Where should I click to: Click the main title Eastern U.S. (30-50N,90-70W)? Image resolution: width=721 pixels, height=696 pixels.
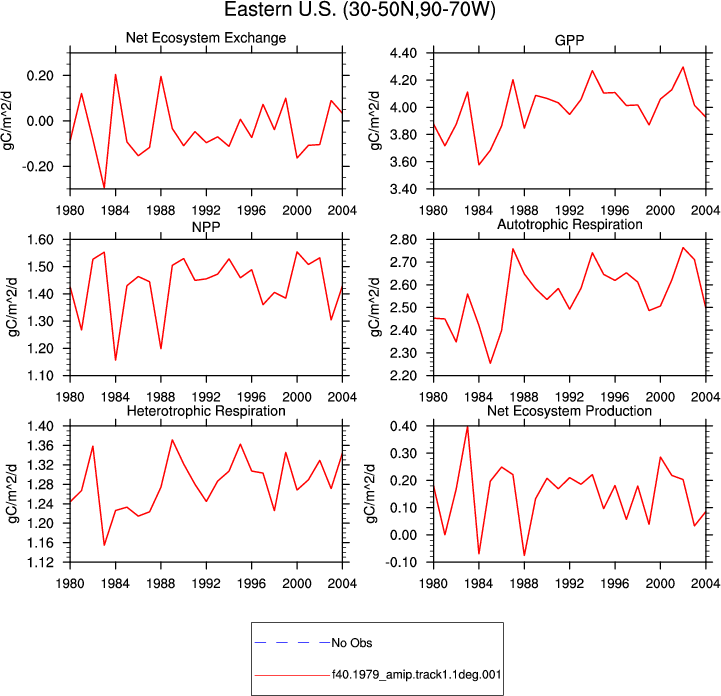coord(360,10)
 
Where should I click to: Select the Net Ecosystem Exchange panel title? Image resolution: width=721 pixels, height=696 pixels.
coord(206,38)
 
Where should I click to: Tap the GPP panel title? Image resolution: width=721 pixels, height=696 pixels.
coord(569,40)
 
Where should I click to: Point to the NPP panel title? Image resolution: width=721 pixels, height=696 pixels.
coord(206,227)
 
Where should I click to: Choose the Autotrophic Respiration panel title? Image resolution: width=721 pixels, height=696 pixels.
coord(570,224)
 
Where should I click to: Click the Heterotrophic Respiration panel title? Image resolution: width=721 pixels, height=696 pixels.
coord(206,411)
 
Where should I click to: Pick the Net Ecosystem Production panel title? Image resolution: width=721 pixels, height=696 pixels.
coord(569,411)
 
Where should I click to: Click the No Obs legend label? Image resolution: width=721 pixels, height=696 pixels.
coord(352,643)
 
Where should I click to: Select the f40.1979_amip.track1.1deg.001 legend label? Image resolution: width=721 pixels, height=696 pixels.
coord(417,675)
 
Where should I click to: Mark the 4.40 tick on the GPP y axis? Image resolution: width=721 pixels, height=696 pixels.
coord(403,53)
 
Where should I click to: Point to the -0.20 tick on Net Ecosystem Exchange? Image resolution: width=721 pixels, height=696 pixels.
coord(38,166)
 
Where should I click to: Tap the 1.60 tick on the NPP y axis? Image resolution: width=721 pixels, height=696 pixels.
coord(40,240)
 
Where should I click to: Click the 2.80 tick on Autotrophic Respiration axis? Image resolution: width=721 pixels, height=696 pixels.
coord(403,240)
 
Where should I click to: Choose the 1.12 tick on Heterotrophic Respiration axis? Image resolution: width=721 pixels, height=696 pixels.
coord(40,562)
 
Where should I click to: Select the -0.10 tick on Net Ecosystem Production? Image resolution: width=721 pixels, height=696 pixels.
coord(401,562)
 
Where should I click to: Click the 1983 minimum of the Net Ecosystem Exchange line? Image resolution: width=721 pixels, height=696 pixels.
coord(104,188)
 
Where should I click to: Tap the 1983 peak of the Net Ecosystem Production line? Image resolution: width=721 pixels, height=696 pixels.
coord(468,427)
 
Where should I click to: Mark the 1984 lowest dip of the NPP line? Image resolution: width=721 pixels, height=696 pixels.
coord(115,360)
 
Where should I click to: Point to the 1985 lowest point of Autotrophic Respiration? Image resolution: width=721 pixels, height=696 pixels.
coord(490,363)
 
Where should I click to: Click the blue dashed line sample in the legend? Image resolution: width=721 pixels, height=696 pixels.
coord(292,643)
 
